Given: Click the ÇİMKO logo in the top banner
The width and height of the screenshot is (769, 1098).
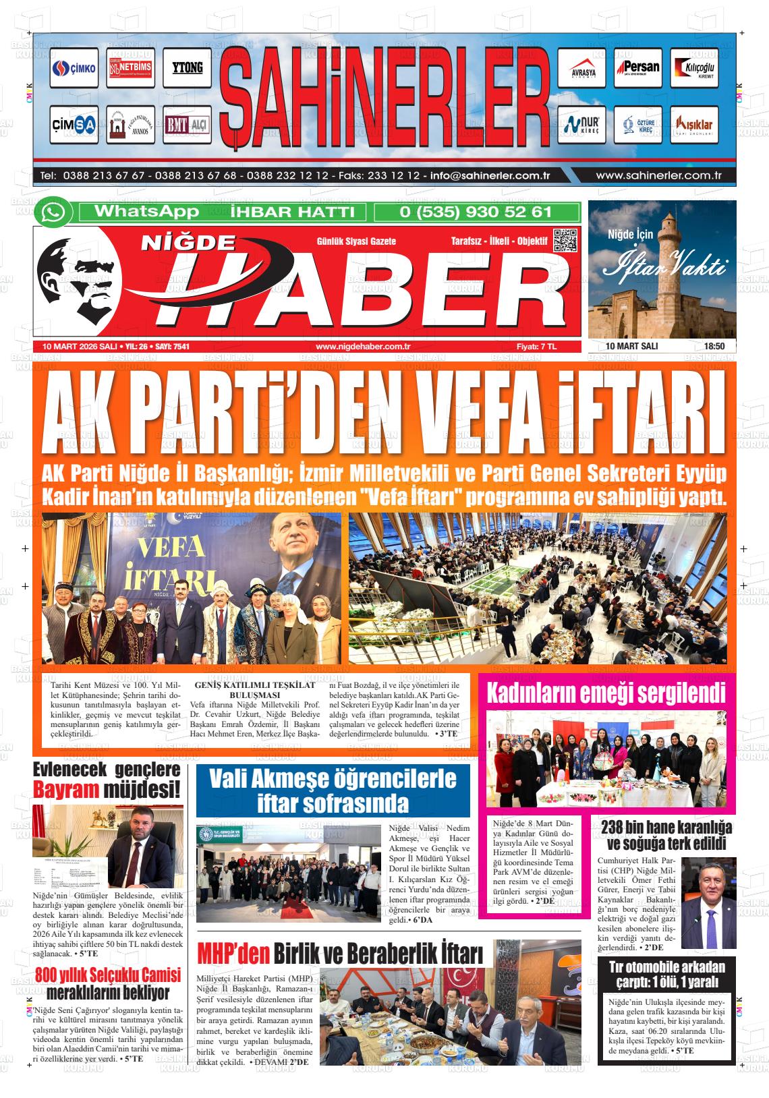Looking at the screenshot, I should click(x=74, y=68).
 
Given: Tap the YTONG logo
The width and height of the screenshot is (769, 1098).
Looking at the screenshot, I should click(x=187, y=68).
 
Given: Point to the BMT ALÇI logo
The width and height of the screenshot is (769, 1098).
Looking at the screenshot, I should click(x=187, y=125).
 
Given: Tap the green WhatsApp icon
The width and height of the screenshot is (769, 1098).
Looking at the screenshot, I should click(x=54, y=212).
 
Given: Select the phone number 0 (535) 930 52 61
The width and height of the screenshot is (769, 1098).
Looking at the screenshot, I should click(x=476, y=212).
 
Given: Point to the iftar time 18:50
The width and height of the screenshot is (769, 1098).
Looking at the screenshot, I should click(x=714, y=347).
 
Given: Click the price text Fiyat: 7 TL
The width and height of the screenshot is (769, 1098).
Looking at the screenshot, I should click(x=536, y=347).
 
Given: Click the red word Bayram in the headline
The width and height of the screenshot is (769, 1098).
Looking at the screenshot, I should click(x=67, y=788).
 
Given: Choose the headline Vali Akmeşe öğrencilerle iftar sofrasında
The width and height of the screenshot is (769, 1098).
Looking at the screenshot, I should click(x=333, y=790).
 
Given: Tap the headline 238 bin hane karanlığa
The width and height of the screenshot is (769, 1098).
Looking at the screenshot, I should click(x=666, y=828).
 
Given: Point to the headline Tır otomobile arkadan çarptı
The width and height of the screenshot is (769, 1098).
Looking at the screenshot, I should click(x=666, y=973).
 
